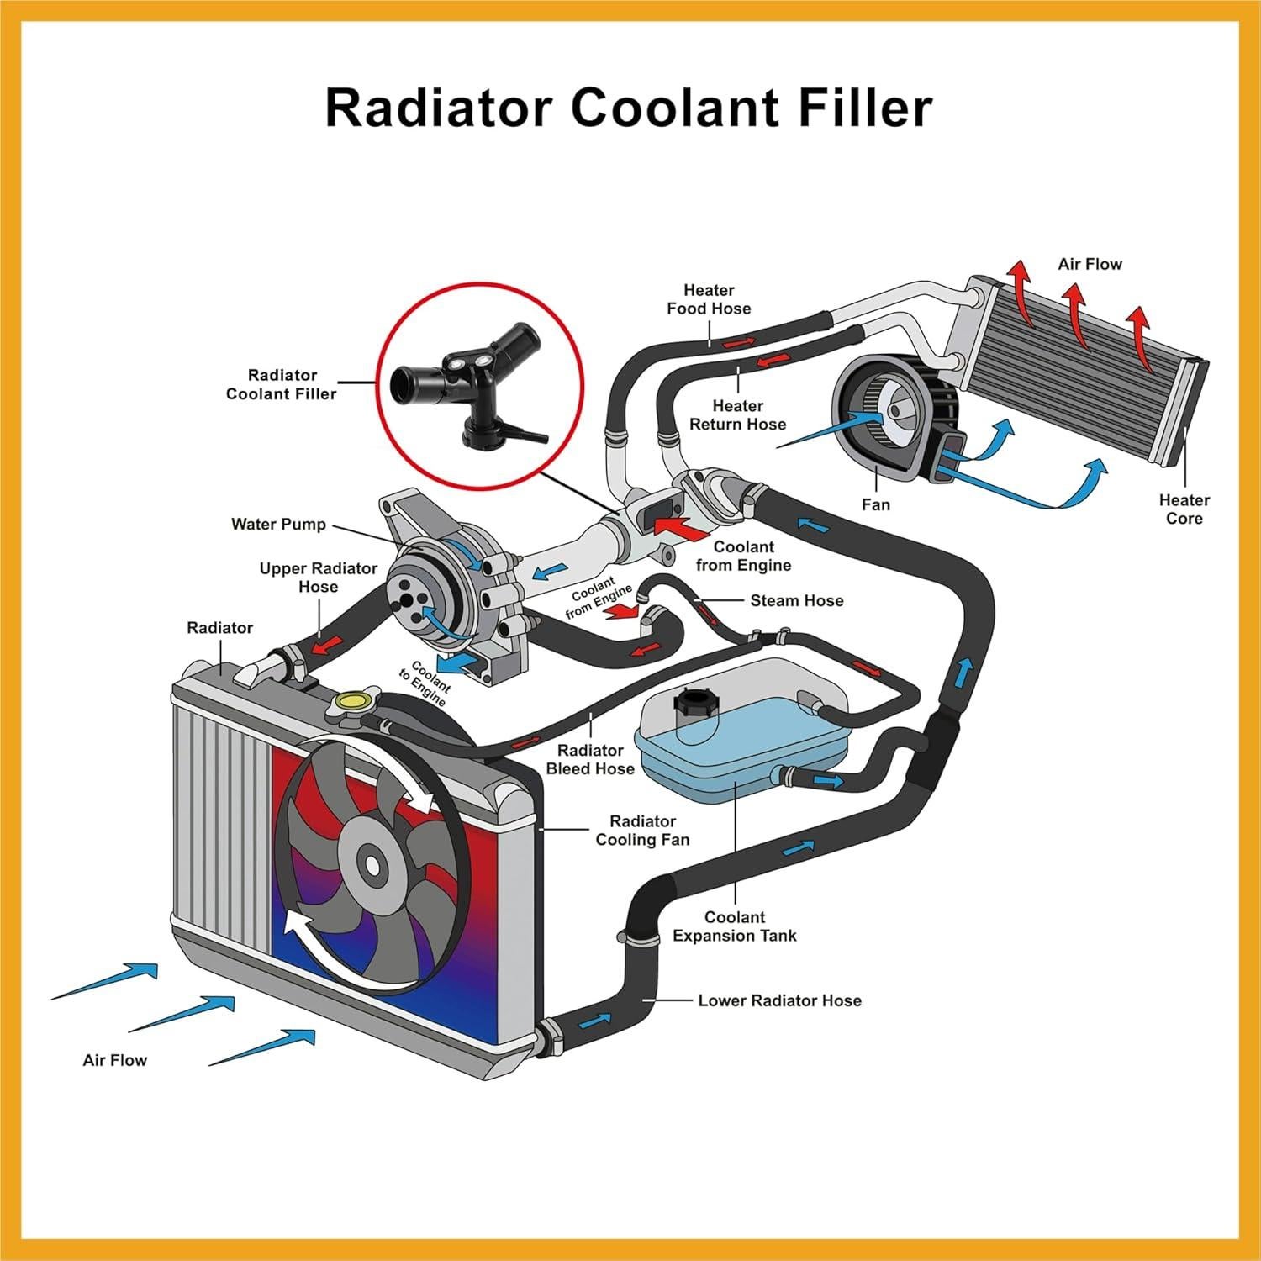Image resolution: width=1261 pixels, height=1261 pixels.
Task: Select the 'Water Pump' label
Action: tap(278, 525)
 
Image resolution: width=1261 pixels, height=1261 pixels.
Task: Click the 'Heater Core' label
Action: tap(1184, 509)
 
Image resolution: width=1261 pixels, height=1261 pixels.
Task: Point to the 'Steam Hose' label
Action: tap(796, 600)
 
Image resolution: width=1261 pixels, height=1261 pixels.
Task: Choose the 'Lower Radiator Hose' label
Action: tap(779, 1000)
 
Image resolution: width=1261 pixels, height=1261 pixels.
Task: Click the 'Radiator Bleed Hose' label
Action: tap(590, 759)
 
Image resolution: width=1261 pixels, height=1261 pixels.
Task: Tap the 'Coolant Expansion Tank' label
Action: tap(734, 926)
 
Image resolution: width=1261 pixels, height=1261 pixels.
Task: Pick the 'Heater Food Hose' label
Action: tap(709, 299)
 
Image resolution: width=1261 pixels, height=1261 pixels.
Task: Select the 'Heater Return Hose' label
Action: tap(737, 415)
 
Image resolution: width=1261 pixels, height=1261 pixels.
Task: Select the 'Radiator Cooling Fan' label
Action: tap(642, 831)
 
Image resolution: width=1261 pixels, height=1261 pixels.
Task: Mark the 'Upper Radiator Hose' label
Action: tap(318, 578)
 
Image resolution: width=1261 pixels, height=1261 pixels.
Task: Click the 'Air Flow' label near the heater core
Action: tap(1090, 264)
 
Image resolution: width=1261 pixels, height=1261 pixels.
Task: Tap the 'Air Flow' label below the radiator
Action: tap(114, 1060)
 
